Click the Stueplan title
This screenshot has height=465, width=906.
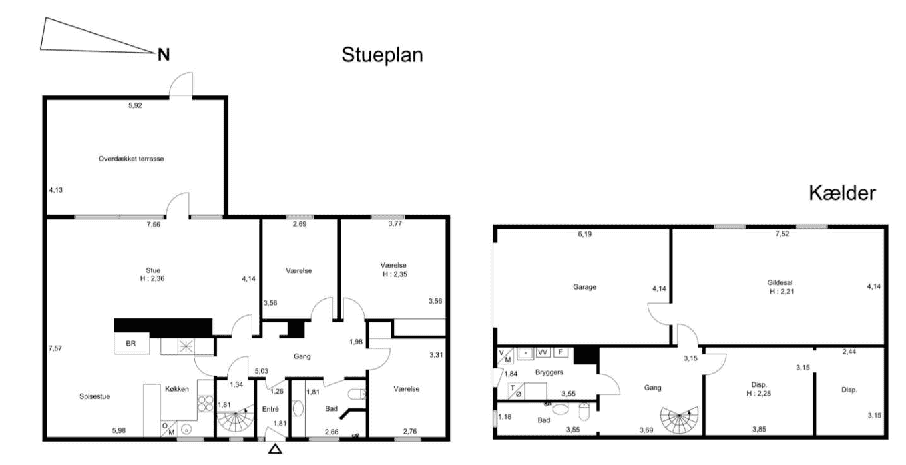pyautogui.click(x=382, y=55)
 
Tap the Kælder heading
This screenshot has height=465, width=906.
pyautogui.click(x=842, y=193)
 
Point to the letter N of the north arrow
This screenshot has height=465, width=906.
pyautogui.click(x=164, y=55)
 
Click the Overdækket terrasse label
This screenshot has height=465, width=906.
pyautogui.click(x=131, y=159)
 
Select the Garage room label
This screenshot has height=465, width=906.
pyautogui.click(x=584, y=287)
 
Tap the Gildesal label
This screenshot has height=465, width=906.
pyautogui.click(x=780, y=282)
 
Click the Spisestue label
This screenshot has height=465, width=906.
pyautogui.click(x=95, y=396)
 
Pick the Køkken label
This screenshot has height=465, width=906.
pyautogui.click(x=177, y=389)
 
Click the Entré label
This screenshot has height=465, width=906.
pyautogui.click(x=270, y=409)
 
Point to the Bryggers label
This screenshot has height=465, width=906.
pyautogui.click(x=549, y=372)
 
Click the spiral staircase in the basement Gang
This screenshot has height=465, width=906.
pyautogui.click(x=680, y=420)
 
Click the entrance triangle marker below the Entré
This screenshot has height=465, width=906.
pyautogui.click(x=276, y=448)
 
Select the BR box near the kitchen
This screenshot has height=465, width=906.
pyautogui.click(x=132, y=344)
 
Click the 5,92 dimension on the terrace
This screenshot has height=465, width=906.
pyautogui.click(x=135, y=105)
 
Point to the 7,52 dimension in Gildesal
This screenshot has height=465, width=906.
pyautogui.click(x=782, y=234)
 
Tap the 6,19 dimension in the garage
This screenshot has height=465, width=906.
pyautogui.click(x=584, y=234)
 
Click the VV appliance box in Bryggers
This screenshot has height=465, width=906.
pyautogui.click(x=543, y=352)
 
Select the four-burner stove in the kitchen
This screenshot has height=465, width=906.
pyautogui.click(x=206, y=403)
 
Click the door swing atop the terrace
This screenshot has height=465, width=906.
pyautogui.click(x=181, y=84)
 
